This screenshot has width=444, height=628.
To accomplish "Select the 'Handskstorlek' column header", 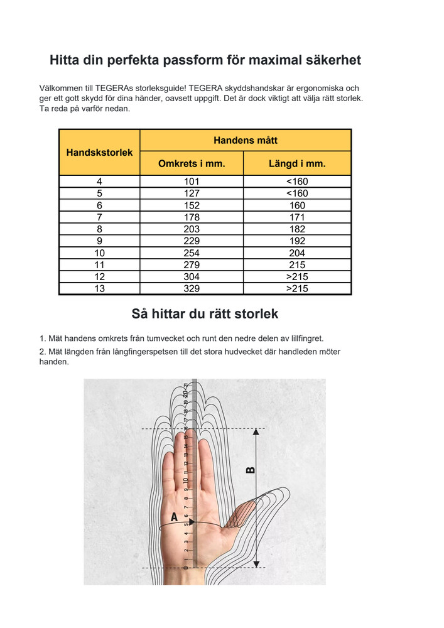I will click(99, 152).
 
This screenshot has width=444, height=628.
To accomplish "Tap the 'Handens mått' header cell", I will click(245, 140).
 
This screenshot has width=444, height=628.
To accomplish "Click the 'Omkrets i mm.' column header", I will click(192, 164).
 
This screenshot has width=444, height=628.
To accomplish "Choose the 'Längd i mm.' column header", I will click(297, 164).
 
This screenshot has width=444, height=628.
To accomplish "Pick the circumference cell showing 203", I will click(192, 229).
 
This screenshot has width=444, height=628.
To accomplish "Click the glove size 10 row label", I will click(99, 253).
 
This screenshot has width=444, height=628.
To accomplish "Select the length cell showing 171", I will click(297, 217).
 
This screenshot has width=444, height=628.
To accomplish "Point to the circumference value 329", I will click(192, 289).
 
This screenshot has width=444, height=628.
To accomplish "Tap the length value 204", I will click(297, 253).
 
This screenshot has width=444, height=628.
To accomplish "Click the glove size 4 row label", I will click(99, 181).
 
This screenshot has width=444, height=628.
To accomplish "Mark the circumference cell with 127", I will click(192, 193).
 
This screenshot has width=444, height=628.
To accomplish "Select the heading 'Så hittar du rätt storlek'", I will click(205, 313).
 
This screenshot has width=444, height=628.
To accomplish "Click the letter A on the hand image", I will click(174, 518).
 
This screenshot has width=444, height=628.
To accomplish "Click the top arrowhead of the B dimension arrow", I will click(256, 432).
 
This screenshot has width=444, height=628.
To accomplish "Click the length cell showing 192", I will click(297, 241).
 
